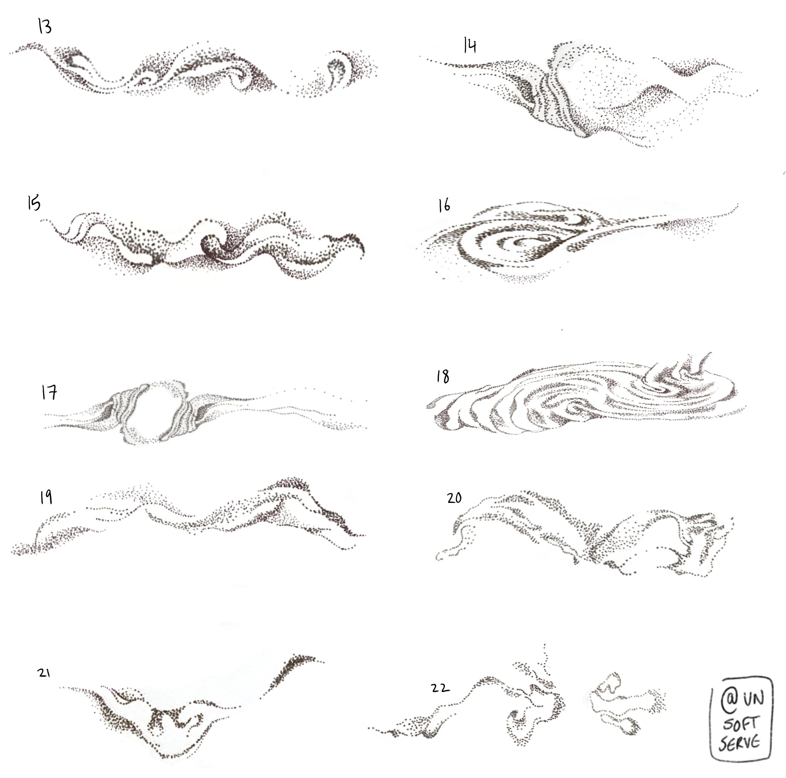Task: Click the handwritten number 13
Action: tap(45, 26)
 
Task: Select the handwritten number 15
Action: tap(34, 202)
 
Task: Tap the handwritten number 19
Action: tap(46, 497)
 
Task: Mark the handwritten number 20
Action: tap(454, 498)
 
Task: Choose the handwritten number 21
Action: tap(44, 673)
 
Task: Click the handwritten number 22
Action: tap(440, 688)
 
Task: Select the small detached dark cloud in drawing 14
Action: tap(692, 67)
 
